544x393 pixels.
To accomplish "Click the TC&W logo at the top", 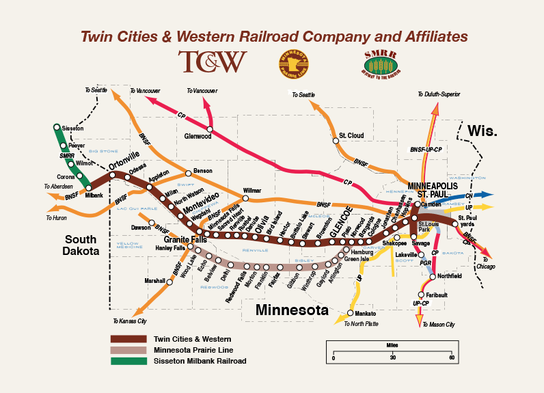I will pyautogui.click(x=212, y=62).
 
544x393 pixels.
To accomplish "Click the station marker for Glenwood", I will pyautogui.click(x=210, y=129).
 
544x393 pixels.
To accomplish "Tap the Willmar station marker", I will pyautogui.click(x=245, y=198).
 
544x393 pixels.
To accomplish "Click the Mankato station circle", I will pyautogui.click(x=350, y=313).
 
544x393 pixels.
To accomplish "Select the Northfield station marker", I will pyautogui.click(x=433, y=277).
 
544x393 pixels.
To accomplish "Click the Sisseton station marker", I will pyautogui.click(x=57, y=128).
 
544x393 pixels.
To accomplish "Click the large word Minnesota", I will pyautogui.click(x=292, y=310).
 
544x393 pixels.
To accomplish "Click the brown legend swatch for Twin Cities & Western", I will pyautogui.click(x=128, y=339).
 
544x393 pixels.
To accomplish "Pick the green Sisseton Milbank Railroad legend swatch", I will pyautogui.click(x=128, y=361).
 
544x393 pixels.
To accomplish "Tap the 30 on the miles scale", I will pyautogui.click(x=392, y=358).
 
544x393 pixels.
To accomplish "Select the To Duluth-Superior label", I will pyautogui.click(x=439, y=94).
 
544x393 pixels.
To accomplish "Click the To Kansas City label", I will pyautogui.click(x=130, y=321).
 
